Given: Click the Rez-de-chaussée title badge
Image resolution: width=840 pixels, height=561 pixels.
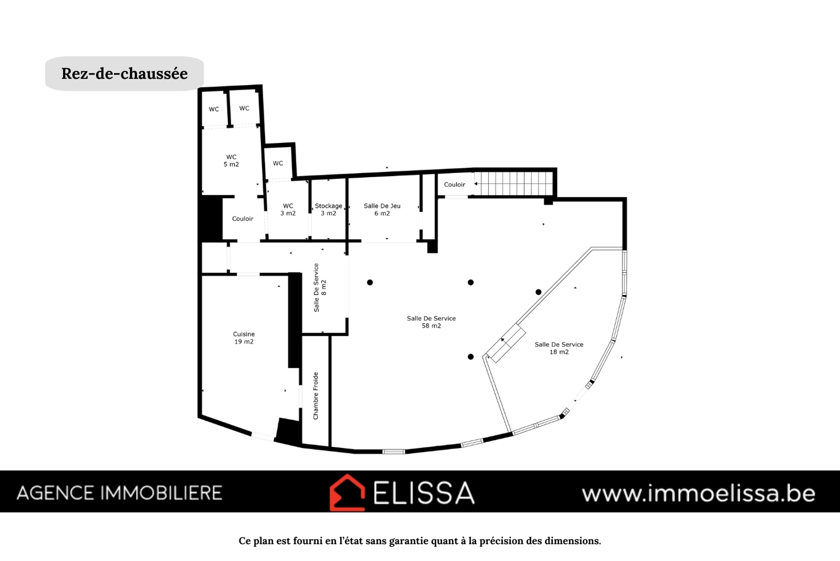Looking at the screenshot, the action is coord(124,73).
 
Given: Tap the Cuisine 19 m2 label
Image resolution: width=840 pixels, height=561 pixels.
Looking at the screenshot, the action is coord(244,338).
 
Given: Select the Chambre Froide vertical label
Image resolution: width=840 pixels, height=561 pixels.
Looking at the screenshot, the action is coord(316,396).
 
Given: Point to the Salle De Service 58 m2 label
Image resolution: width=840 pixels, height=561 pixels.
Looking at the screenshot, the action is coord(431,322).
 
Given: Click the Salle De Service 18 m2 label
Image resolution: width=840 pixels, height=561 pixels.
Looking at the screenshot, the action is coord(559,348).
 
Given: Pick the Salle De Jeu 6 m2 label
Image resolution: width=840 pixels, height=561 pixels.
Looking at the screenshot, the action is coord(382,209).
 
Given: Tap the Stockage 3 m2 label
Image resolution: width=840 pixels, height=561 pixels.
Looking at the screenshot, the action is coord(328,209).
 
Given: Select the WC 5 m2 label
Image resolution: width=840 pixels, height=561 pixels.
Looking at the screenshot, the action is coord(231,160).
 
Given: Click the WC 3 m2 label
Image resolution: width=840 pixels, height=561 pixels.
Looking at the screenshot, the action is coord(288,209).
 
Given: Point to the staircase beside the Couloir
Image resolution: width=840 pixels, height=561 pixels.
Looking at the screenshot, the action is coord(514,183).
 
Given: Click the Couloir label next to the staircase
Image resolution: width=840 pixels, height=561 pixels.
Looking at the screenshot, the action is coord(454,185).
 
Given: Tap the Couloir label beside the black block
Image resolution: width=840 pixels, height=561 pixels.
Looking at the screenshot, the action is coord(243,219).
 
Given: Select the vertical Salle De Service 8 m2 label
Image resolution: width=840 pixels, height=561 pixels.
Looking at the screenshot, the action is coord(320,288).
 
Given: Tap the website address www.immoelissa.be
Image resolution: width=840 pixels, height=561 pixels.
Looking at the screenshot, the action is coord(699,494).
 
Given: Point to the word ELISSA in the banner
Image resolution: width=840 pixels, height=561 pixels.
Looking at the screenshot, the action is coord(424,492).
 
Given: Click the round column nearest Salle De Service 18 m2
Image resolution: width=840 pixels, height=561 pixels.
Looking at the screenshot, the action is coord(538,292).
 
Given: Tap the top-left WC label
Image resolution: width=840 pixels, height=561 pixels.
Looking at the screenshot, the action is coord(214,109).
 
